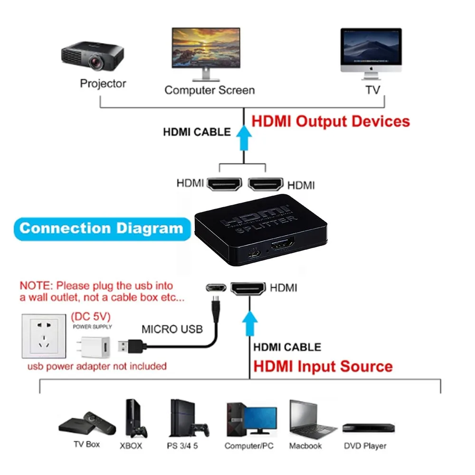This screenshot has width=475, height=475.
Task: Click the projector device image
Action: pos(93,56)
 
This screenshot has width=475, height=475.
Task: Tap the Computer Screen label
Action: pos(209,90)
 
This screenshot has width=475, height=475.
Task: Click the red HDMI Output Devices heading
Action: pos(330,121)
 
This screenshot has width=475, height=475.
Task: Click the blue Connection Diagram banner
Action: pos(101,228)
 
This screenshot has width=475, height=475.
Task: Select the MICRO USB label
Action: pos(172,329)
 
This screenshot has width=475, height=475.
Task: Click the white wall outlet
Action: pos(43,336)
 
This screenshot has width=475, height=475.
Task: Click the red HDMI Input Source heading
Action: pos(323,367)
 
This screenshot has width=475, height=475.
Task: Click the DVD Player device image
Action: pos(369,427)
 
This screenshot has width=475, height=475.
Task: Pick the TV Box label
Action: pos(86,445)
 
